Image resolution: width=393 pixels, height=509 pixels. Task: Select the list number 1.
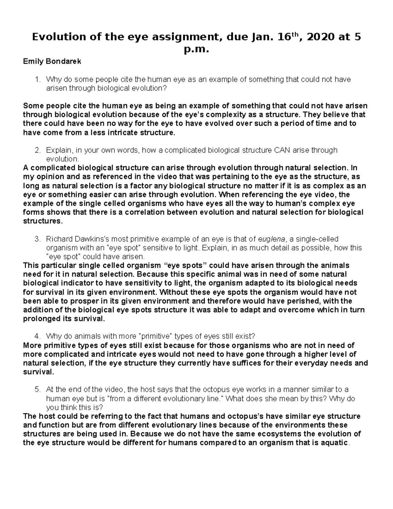(x=37, y=79)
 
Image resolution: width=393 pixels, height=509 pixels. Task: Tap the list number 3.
(x=37, y=239)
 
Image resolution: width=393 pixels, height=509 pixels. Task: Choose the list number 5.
(x=37, y=389)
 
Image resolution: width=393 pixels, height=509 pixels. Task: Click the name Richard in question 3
(x=58, y=239)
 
